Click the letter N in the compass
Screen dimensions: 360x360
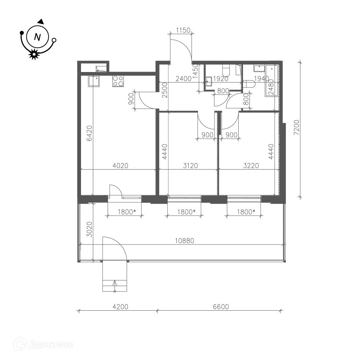tap(37, 37)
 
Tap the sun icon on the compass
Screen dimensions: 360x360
tap(34, 54)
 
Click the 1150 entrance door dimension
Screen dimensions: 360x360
tap(183, 30)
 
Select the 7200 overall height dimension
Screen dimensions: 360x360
tap(297, 127)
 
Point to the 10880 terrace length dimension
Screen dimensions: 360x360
tap(184, 240)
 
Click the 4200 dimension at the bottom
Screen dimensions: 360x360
tap(120, 307)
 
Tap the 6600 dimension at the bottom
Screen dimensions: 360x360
tap(221, 307)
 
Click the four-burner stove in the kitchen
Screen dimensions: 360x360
tap(118, 81)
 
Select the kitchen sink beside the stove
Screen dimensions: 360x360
tap(94, 81)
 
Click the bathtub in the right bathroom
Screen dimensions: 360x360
tap(271, 81)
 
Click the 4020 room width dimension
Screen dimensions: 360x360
tap(120, 166)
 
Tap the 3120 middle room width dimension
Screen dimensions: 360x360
tap(190, 166)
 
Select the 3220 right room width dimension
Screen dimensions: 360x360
tap(251, 166)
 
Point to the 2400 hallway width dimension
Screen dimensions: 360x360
tap(184, 79)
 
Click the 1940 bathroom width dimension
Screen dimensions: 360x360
tap(261, 79)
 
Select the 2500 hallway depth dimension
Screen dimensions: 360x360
tap(165, 90)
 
